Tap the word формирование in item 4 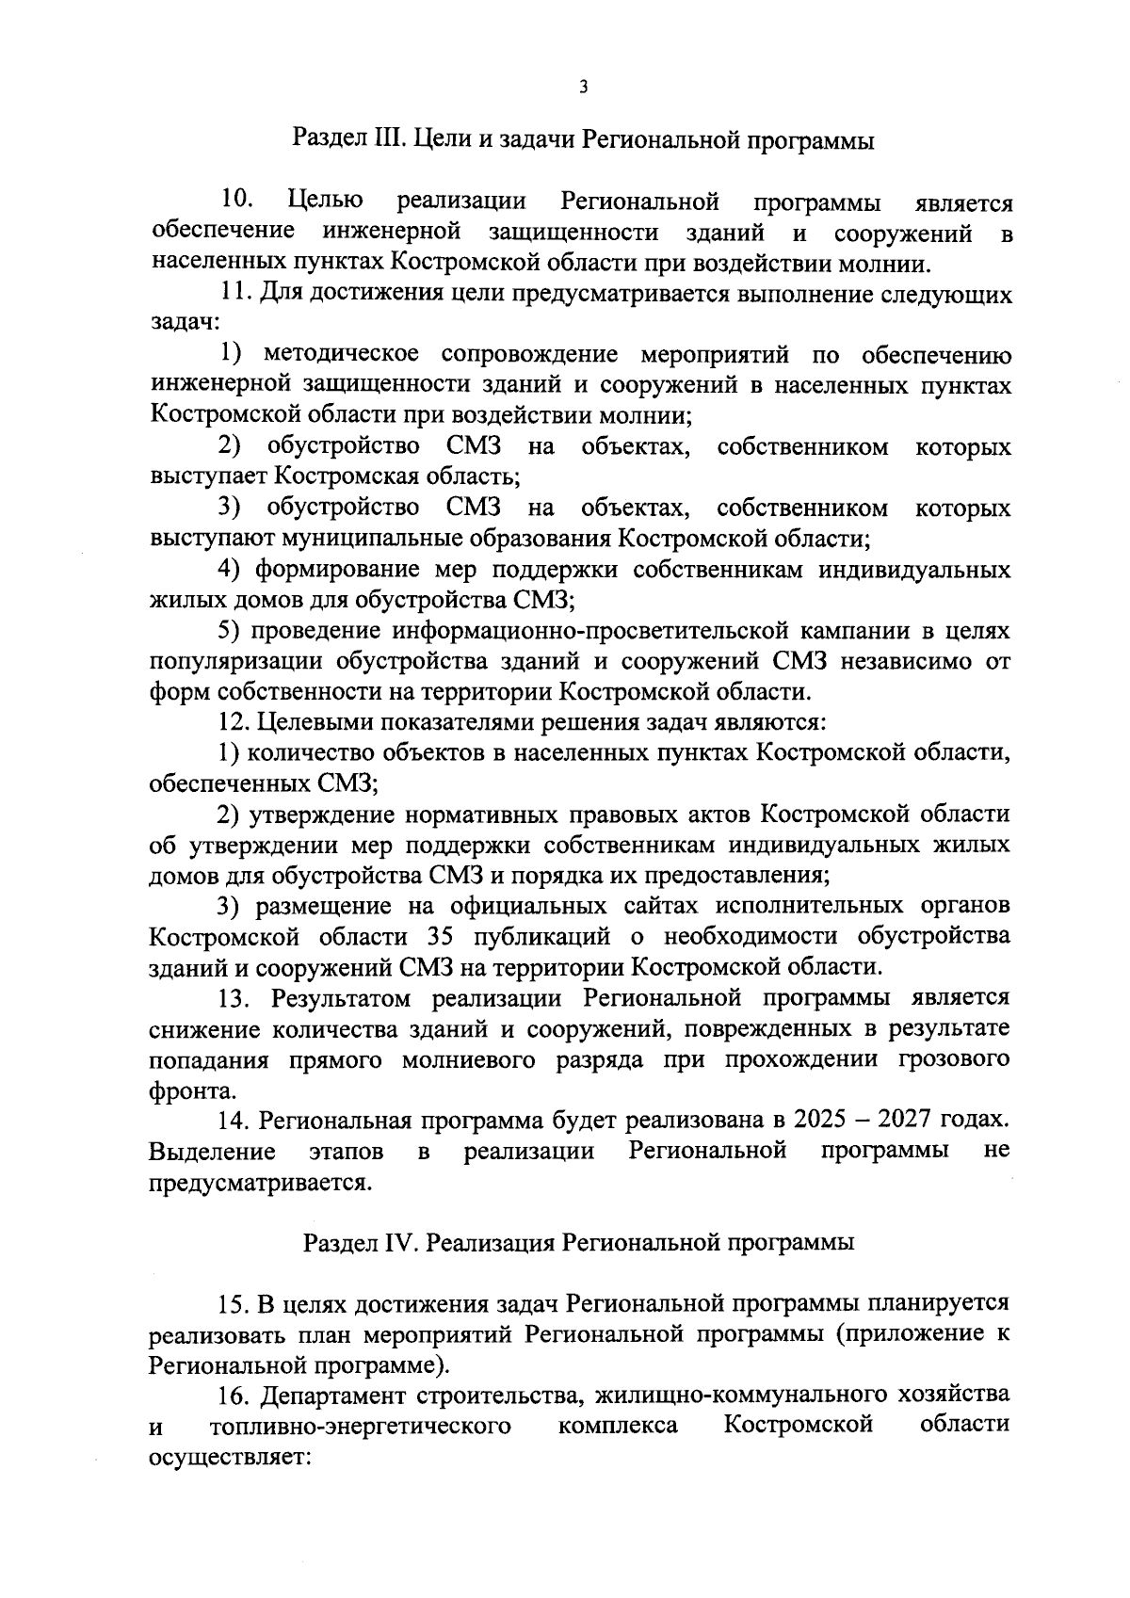[x=336, y=571]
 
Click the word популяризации [x=234, y=662]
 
